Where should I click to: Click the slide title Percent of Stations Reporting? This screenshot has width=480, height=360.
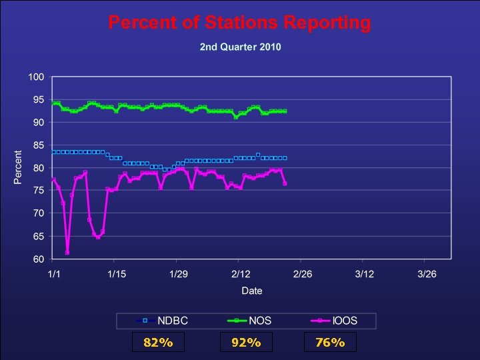tap(239, 23)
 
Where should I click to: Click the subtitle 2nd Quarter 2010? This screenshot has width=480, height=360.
tap(240, 47)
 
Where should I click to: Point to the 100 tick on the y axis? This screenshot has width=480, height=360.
tap(36, 77)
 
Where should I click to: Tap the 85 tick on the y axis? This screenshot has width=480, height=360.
tap(38, 145)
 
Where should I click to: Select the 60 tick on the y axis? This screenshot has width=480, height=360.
tap(38, 259)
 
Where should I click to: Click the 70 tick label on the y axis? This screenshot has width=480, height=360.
tap(38, 213)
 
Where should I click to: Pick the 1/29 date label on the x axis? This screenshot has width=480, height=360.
tap(177, 275)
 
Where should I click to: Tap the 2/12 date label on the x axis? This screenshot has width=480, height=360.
tap(240, 275)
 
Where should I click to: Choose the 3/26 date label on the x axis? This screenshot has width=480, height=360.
tap(426, 275)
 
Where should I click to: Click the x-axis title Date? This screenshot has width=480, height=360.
tap(252, 291)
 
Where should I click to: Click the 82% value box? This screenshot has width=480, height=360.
tap(159, 343)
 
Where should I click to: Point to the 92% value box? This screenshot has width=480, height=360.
tap(246, 343)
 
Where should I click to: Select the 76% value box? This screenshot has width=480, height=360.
tap(330, 343)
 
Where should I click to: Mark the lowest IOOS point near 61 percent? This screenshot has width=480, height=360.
tap(67, 253)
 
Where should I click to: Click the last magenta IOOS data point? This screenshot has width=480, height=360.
tap(285, 183)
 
